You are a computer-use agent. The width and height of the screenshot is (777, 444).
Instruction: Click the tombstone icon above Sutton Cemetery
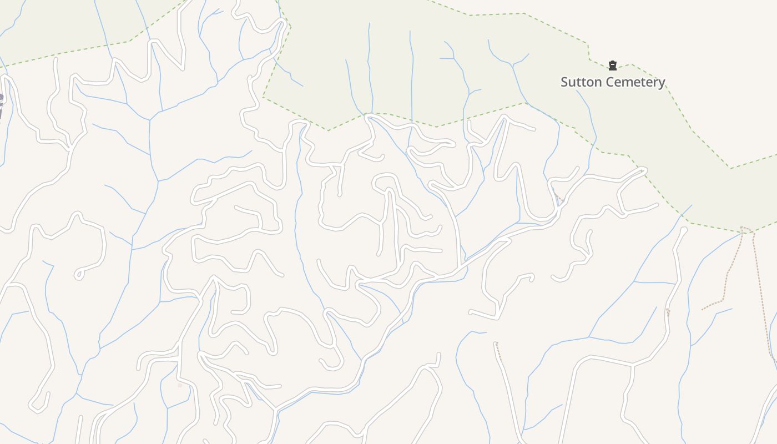[x=613, y=65]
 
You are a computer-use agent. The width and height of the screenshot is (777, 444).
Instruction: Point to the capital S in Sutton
[x=565, y=82]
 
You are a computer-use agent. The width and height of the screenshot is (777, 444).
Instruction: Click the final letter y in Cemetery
[x=661, y=84]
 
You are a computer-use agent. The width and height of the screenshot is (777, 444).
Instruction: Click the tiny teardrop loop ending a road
[x=79, y=274]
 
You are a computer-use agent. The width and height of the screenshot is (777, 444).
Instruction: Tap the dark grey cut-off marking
[x=1, y=105]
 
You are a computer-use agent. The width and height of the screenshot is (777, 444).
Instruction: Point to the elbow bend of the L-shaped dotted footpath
[x=723, y=301]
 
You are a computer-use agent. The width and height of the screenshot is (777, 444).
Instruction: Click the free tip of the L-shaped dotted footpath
[x=703, y=309]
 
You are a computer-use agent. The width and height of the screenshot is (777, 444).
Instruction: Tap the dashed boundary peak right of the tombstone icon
[x=632, y=64]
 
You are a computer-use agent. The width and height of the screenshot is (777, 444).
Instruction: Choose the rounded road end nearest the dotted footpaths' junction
[x=683, y=230]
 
